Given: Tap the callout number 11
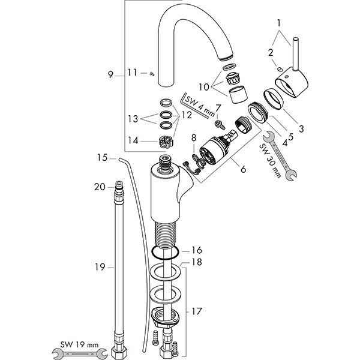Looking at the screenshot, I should [133, 73].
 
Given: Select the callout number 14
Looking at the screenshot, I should [133, 140].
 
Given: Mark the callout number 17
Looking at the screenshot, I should [197, 312].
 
